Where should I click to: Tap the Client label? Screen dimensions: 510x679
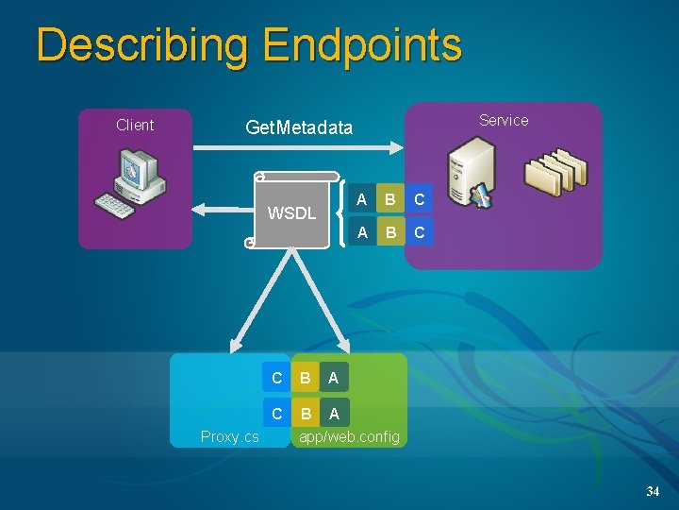[135, 125]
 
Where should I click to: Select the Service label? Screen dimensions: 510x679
[504, 120]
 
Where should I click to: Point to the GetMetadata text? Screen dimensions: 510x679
[299, 127]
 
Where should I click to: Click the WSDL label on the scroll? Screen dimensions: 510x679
[291, 212]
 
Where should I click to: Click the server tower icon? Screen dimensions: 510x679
[471, 175]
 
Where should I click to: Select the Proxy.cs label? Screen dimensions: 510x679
[229, 436]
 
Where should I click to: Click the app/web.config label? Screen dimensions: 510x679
[349, 436]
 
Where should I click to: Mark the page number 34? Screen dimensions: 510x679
[653, 492]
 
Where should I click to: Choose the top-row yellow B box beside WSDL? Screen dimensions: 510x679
[390, 199]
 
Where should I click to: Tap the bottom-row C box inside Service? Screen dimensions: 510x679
[420, 231]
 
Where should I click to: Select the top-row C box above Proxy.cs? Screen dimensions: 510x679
[276, 378]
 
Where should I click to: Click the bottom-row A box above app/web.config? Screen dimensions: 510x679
[333, 413]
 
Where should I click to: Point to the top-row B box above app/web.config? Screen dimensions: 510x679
[305, 378]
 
